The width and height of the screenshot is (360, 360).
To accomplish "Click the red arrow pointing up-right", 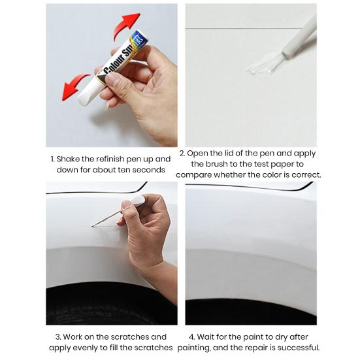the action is pos(125,25).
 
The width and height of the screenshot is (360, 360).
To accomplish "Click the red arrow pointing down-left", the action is pos(74,86).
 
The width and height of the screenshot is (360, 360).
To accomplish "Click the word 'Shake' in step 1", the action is pos(67,159).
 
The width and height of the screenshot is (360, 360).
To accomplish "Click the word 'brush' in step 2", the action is pos(216,164).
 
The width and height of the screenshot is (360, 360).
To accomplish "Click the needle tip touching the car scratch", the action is pos(93,226).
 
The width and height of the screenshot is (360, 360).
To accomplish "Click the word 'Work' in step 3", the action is pos(73,337).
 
